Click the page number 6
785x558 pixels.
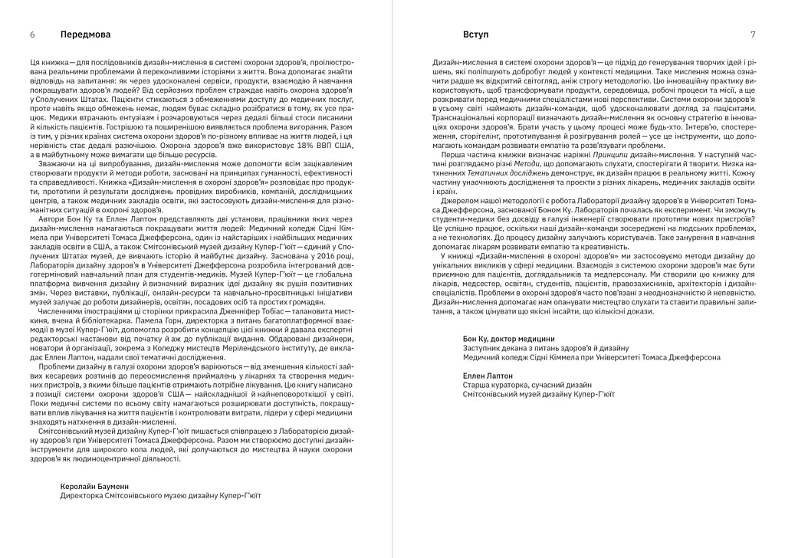[32, 35]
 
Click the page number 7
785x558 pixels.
[753, 35]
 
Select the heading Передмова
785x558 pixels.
[85, 35]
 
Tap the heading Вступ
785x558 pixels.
[476, 35]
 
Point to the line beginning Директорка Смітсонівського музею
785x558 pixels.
[160, 495]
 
